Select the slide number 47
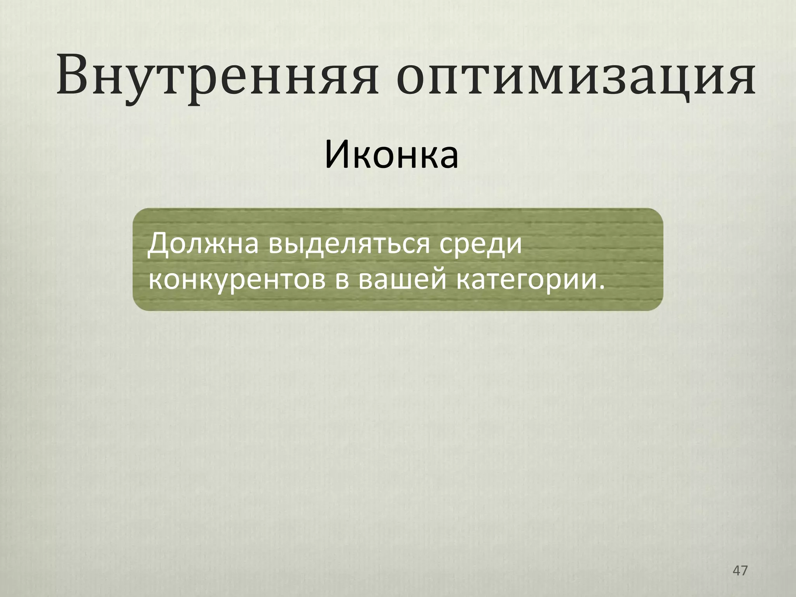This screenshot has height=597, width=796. click(x=740, y=571)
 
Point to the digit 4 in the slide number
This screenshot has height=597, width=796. click(x=736, y=571)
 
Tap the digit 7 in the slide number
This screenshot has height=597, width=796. click(x=744, y=571)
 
